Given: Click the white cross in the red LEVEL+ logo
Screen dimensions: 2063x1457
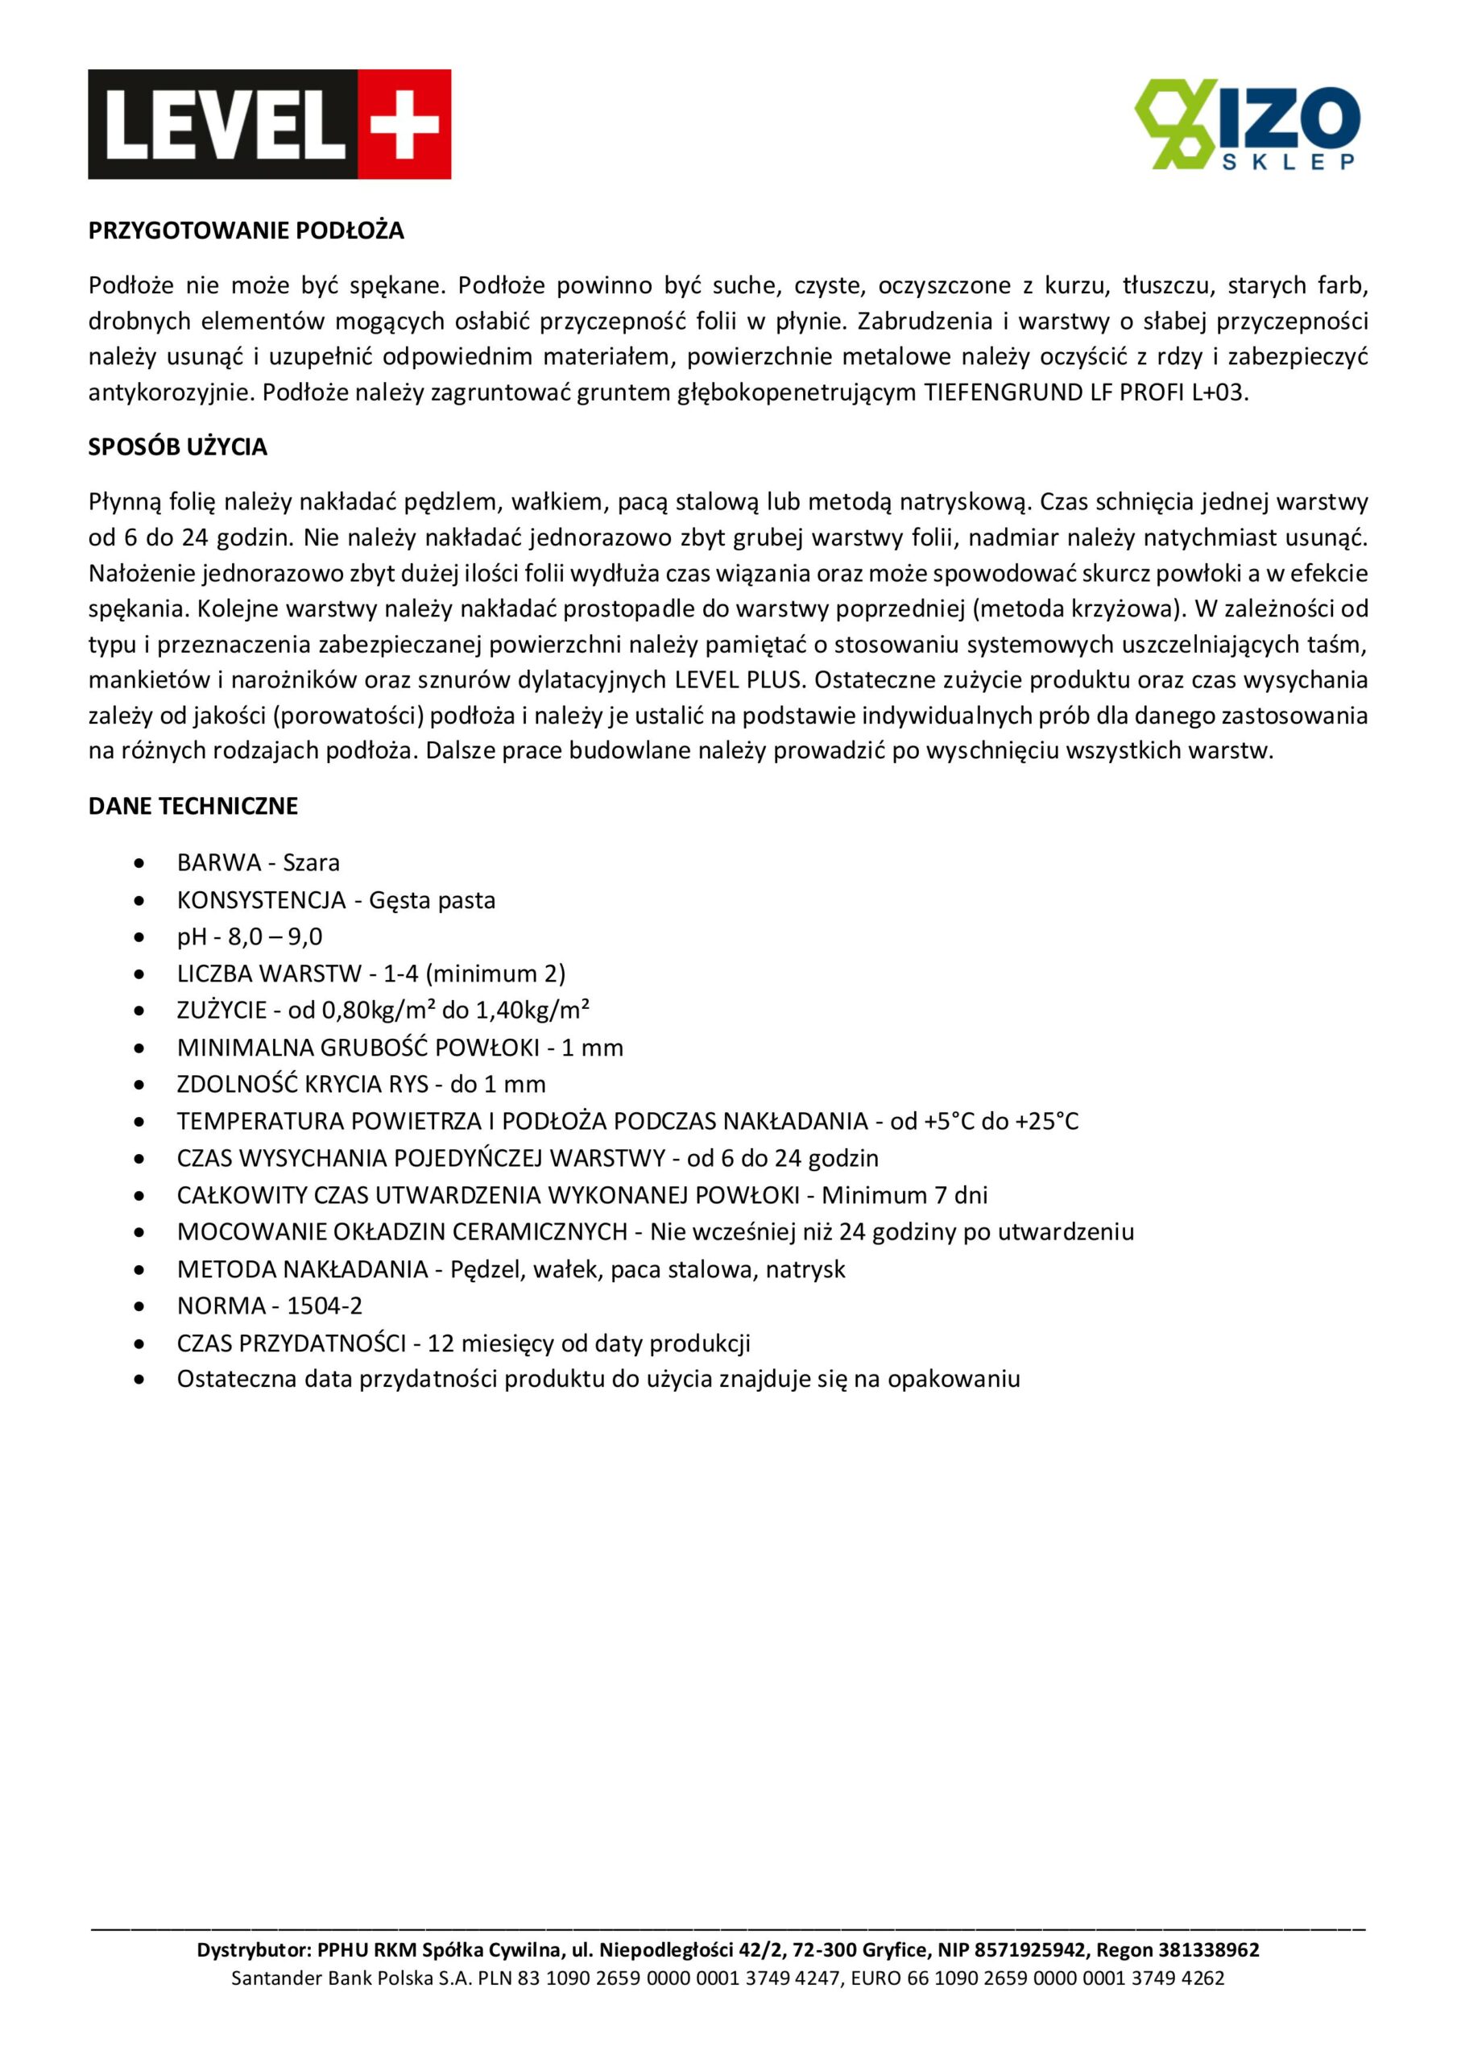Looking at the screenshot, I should [x=404, y=125].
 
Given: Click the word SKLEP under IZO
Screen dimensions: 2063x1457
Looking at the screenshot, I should [x=1290, y=162].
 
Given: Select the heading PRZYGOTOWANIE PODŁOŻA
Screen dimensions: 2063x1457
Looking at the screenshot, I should [x=246, y=231].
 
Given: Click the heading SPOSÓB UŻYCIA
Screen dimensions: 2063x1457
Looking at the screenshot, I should [x=178, y=446].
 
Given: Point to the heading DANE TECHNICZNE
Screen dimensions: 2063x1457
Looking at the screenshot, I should [x=193, y=806].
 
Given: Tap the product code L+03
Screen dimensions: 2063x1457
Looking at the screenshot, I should [x=1220, y=392].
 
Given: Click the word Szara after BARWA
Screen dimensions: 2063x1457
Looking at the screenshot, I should [x=312, y=862].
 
